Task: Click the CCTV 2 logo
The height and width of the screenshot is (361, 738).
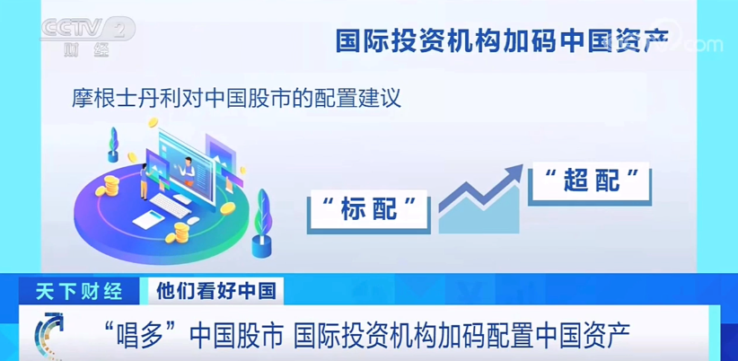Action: (x=88, y=37)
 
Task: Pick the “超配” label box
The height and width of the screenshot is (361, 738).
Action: (x=589, y=183)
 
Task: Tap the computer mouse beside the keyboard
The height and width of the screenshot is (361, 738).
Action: (x=193, y=220)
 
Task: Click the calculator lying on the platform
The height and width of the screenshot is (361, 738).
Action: (x=148, y=219)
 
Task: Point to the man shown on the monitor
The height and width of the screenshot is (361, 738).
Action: (x=189, y=171)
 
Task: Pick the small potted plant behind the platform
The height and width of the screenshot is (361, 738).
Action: (x=113, y=145)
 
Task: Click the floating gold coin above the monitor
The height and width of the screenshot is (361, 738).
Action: (x=152, y=123)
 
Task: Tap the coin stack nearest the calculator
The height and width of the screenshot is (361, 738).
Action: (x=180, y=232)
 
